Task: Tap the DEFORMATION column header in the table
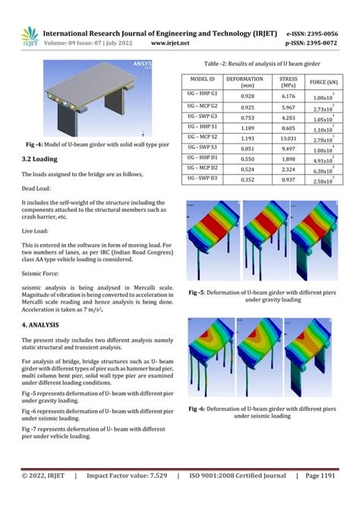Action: click(x=247, y=81)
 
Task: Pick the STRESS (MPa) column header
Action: click(x=288, y=81)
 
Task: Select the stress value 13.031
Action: click(x=288, y=138)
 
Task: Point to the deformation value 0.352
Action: click(x=247, y=180)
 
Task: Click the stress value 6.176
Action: click(x=288, y=96)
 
